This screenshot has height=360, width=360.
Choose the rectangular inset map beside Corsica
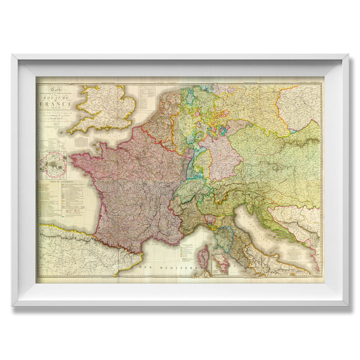coord(219,264)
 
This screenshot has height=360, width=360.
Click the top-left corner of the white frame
coord(13,55)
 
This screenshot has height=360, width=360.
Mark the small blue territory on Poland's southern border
coord(293,131)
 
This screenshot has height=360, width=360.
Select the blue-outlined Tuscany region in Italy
coord(224,238)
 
